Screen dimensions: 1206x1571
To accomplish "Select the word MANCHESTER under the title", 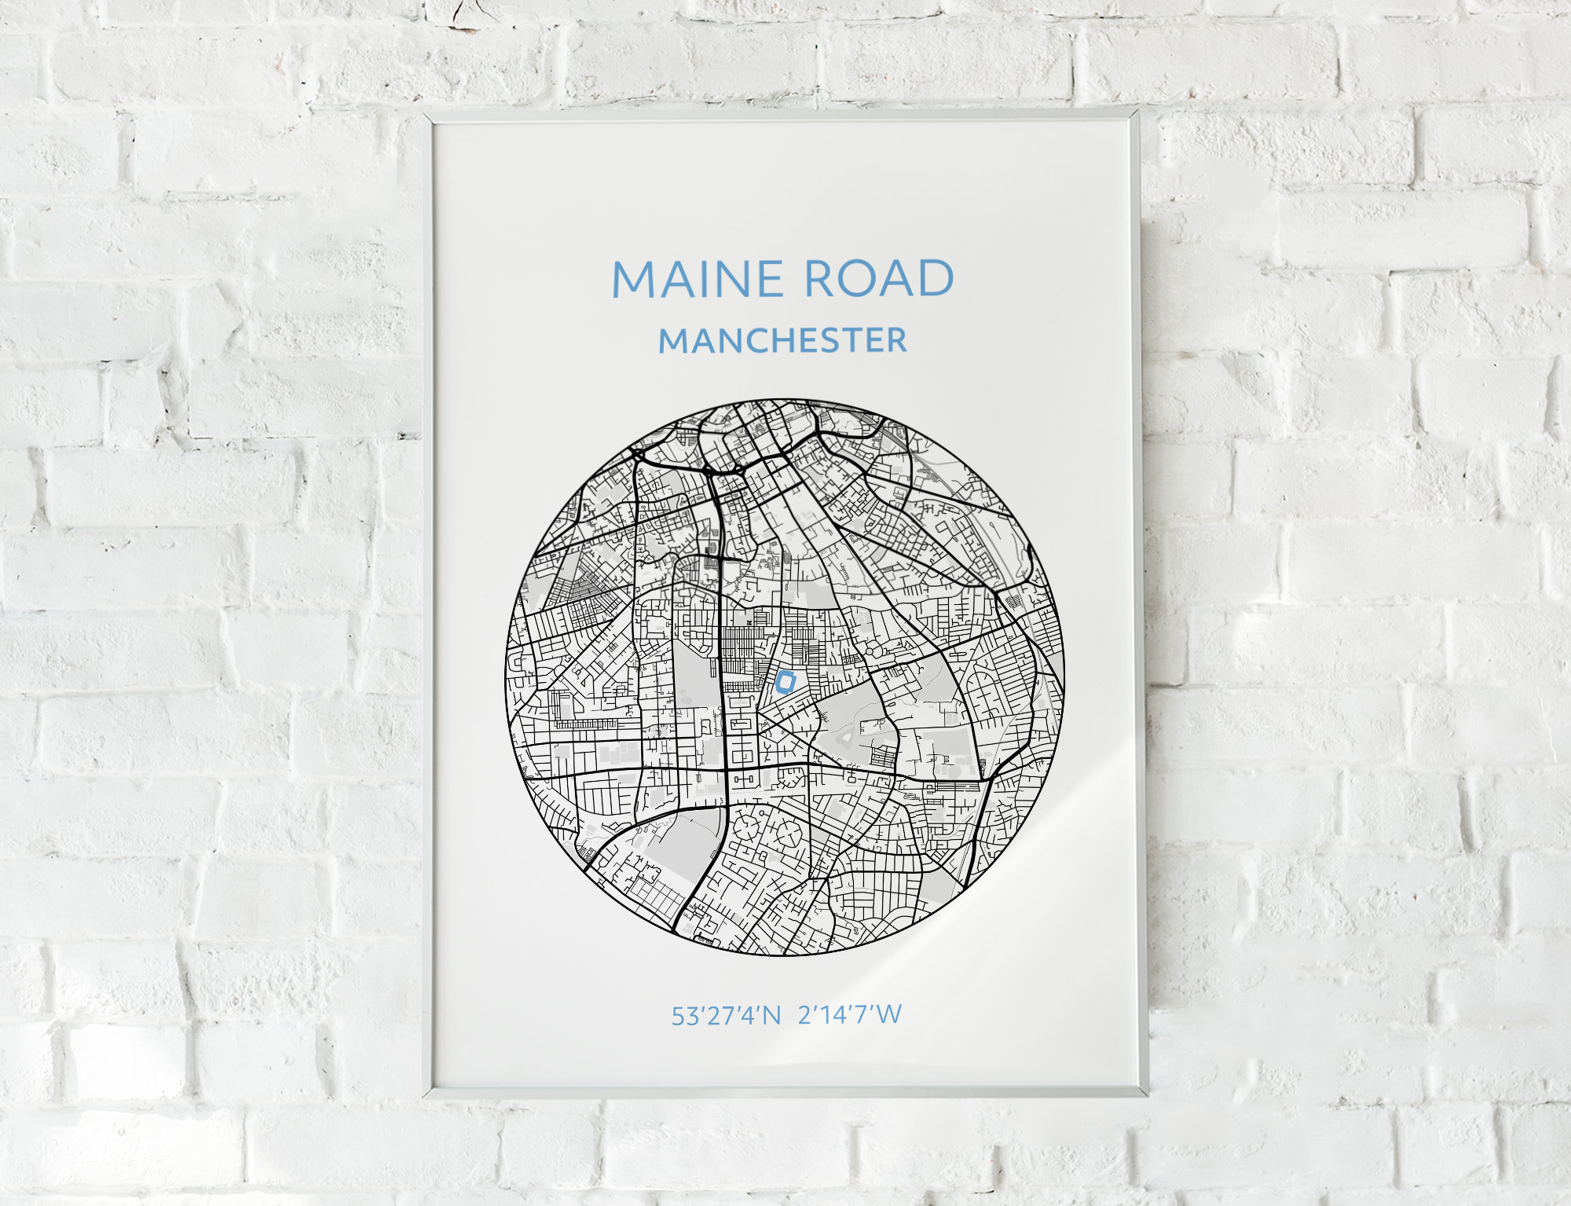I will (x=782, y=340).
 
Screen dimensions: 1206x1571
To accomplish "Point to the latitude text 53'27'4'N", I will (x=725, y=1016).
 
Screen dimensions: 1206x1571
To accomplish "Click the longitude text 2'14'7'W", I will (x=850, y=1015).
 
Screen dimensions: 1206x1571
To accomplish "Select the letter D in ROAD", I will (x=935, y=279).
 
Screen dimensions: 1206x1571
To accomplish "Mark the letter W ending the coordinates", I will (x=889, y=1015).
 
